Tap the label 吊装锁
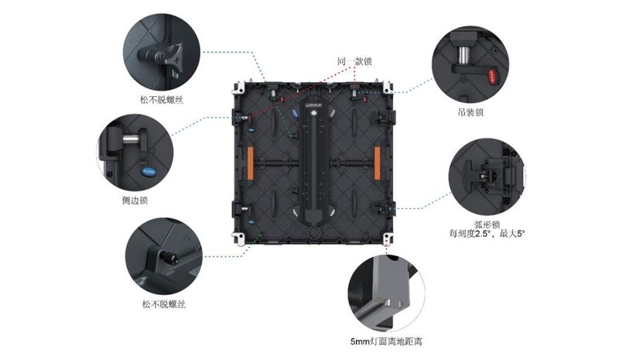470,111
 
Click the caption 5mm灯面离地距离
385,341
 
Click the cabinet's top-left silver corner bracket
239,83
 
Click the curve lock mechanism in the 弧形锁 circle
485,175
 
